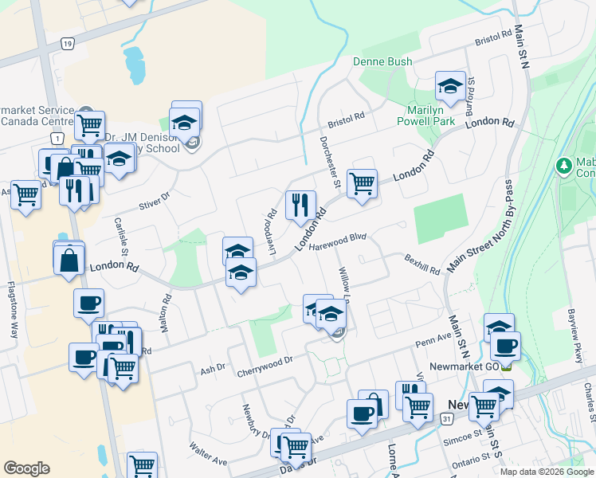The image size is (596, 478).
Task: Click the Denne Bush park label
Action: point(382,61)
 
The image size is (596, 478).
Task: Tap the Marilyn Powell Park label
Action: point(426,115)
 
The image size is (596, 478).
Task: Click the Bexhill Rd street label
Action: point(422,264)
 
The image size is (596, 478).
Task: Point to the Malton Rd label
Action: point(167,314)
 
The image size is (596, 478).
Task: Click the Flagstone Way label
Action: point(12,309)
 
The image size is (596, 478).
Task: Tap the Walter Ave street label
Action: point(209,456)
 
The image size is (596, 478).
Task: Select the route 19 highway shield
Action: point(68,43)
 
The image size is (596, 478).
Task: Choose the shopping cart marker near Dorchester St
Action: point(362,183)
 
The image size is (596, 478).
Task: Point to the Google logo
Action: point(26,468)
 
